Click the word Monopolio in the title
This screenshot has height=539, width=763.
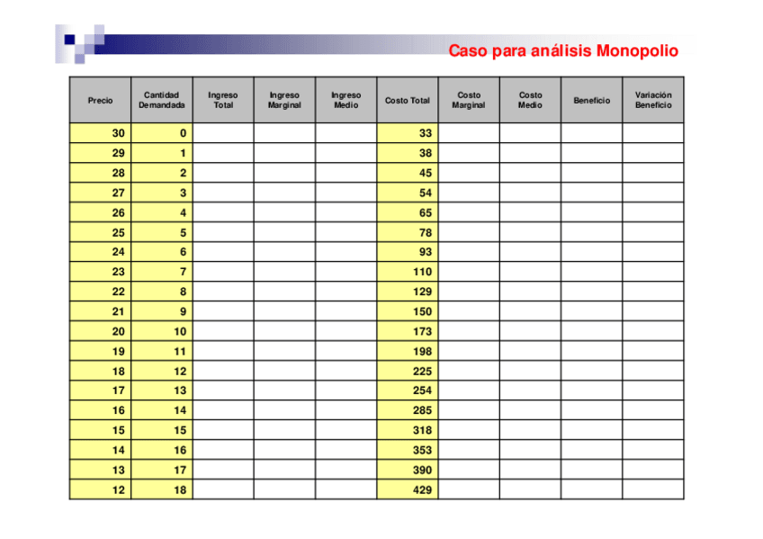(x=637, y=51)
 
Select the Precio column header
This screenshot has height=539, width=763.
(x=100, y=100)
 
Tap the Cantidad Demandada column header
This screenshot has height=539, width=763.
(x=161, y=100)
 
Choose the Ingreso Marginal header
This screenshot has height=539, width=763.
(x=284, y=100)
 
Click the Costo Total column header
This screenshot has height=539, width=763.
(x=408, y=100)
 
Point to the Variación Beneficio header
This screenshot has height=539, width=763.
(x=652, y=100)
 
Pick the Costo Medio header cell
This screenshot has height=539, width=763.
(x=530, y=100)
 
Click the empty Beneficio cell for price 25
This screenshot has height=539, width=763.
(x=591, y=232)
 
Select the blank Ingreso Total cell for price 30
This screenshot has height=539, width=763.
(x=223, y=133)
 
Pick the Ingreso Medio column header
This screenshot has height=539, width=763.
(x=346, y=100)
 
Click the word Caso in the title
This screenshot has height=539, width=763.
(x=469, y=51)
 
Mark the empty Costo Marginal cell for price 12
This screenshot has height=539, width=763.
(x=469, y=490)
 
